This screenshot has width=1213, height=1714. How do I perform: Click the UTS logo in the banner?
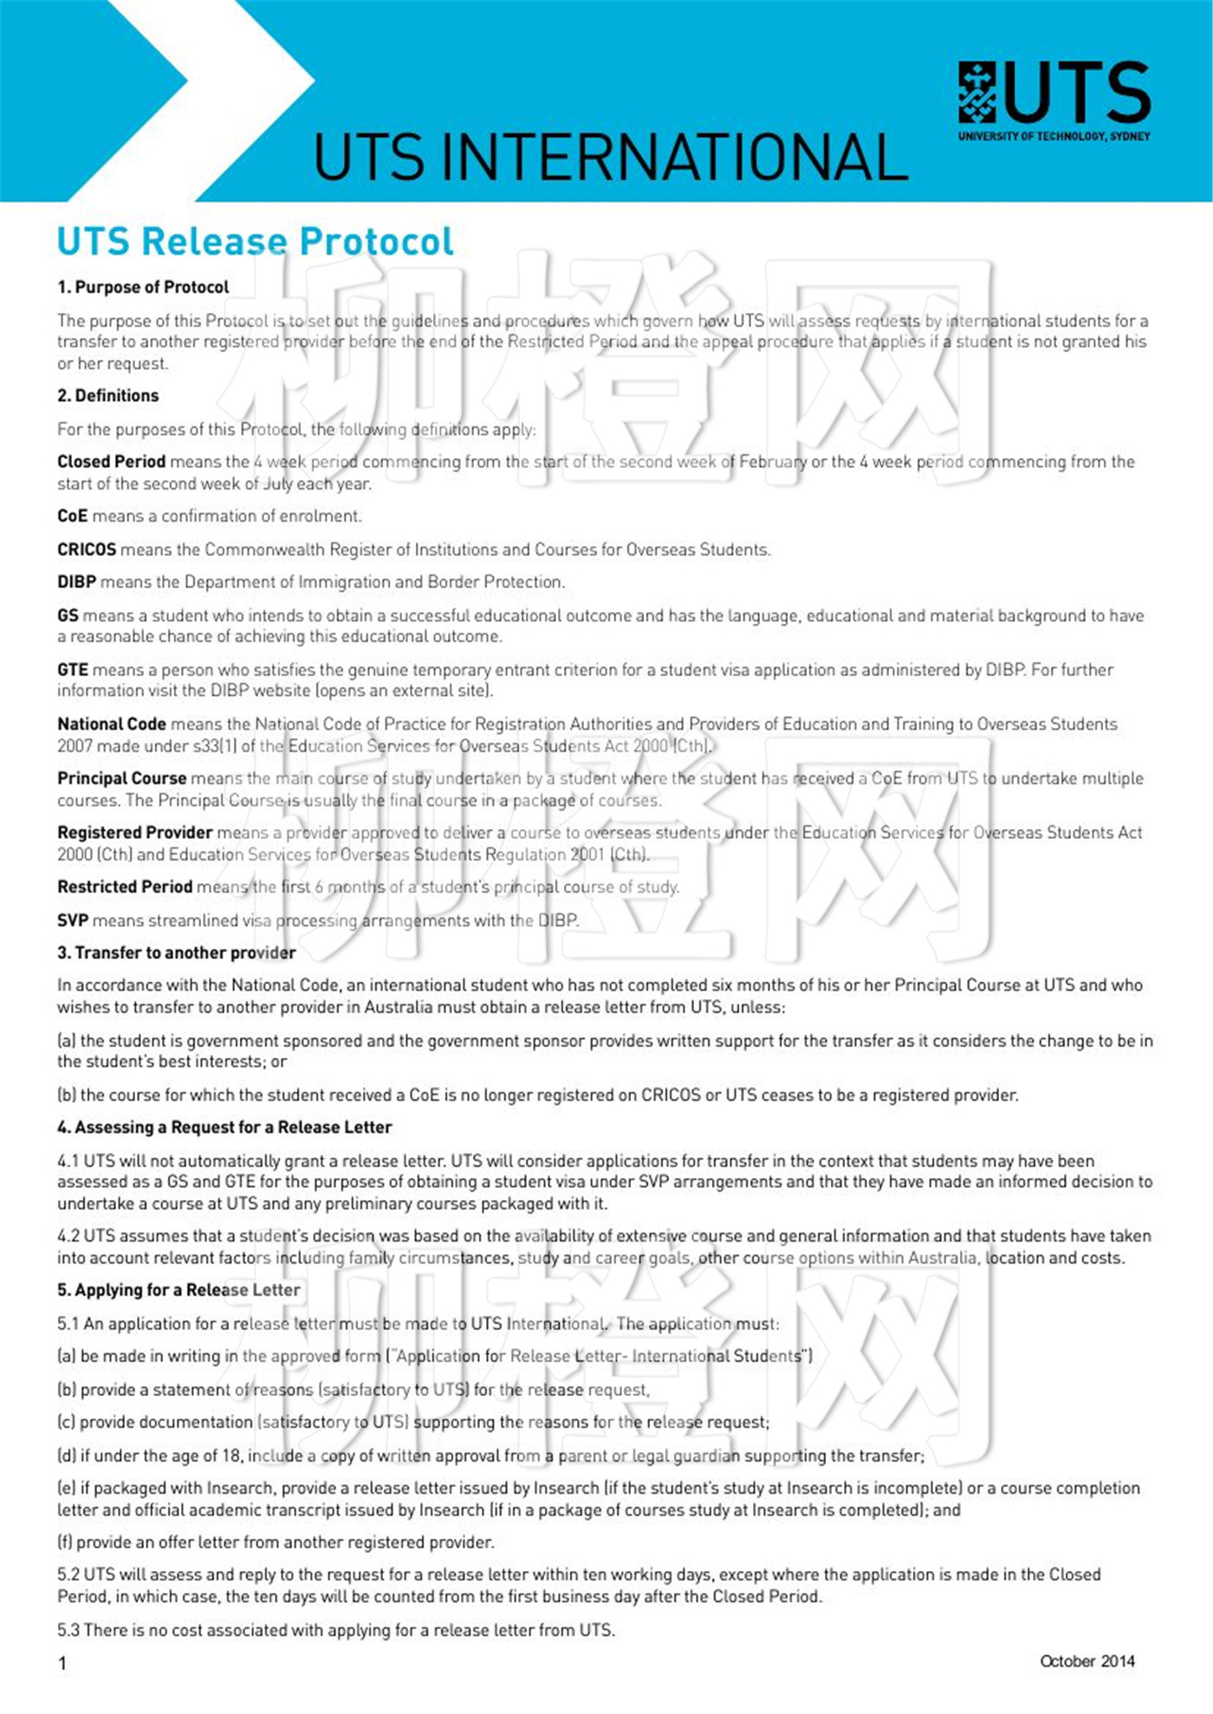pyautogui.click(x=1054, y=97)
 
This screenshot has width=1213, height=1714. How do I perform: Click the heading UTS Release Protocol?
pyautogui.click(x=255, y=241)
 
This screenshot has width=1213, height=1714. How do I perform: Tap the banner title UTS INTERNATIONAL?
pyautogui.click(x=610, y=157)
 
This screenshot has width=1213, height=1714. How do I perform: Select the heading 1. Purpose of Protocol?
pyautogui.click(x=143, y=287)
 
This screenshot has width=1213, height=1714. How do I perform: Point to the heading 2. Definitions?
pyautogui.click(x=108, y=395)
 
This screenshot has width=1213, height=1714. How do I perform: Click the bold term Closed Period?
pyautogui.click(x=111, y=461)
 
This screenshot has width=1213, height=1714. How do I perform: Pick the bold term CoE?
pyautogui.click(x=73, y=516)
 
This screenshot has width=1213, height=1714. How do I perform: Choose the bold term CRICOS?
pyautogui.click(x=87, y=549)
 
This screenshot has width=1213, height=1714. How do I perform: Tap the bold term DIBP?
pyautogui.click(x=76, y=581)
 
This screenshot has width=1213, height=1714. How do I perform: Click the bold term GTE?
pyautogui.click(x=73, y=669)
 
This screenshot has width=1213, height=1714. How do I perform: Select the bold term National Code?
pyautogui.click(x=111, y=724)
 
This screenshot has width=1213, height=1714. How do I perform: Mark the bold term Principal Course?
pyautogui.click(x=121, y=778)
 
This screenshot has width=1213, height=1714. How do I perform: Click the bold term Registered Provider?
pyautogui.click(x=134, y=832)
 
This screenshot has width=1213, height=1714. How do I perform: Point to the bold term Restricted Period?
pyautogui.click(x=125, y=886)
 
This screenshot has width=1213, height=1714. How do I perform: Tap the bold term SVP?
pyautogui.click(x=73, y=919)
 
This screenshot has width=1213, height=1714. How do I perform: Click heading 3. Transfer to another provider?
pyautogui.click(x=176, y=952)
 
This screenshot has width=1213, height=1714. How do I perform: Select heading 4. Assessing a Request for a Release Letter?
pyautogui.click(x=224, y=1126)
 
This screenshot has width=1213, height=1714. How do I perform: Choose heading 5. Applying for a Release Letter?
pyautogui.click(x=178, y=1289)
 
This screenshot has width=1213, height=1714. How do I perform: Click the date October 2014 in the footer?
pyautogui.click(x=1087, y=1660)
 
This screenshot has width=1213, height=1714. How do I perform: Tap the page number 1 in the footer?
pyautogui.click(x=62, y=1662)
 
